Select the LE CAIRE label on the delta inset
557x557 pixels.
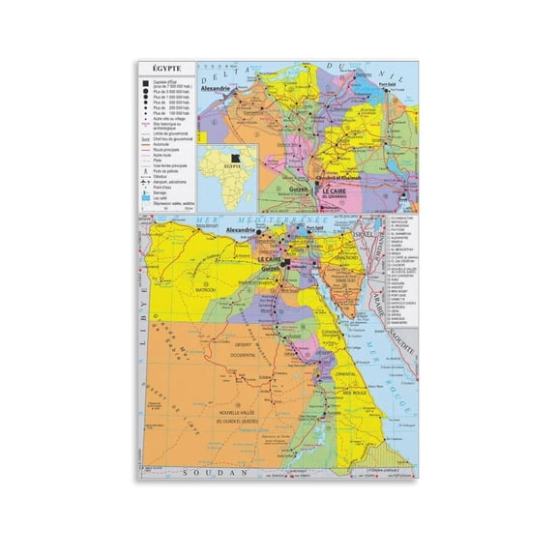(x=334, y=191)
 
